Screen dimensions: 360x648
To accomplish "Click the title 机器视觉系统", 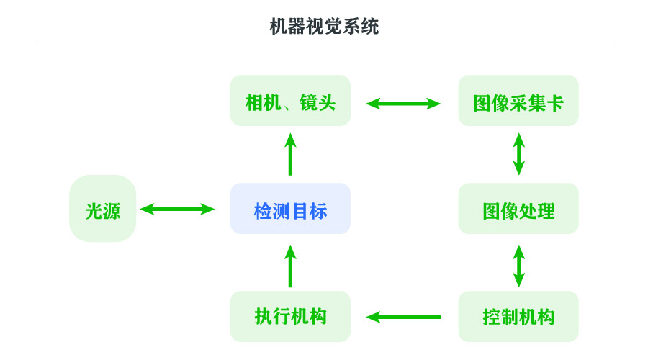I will coord(324,27).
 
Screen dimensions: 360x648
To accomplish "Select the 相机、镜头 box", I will coord(290,101).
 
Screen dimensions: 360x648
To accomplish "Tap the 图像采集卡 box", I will coord(518,101).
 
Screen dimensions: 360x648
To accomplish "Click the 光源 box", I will coord(103,209).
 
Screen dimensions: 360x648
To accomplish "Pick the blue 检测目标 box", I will coord(290,209).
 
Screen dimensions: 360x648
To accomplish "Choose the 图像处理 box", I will coord(518,209).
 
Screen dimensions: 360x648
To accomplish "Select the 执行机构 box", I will coord(290,316).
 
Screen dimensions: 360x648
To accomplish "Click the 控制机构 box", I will coord(518,316).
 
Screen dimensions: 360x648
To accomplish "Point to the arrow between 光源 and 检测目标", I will coord(177,210).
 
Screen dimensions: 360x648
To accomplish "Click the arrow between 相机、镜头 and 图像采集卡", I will coord(403,104).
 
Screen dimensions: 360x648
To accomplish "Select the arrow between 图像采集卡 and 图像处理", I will coord(518,154).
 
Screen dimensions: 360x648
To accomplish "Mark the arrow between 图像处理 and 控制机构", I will coord(518,266).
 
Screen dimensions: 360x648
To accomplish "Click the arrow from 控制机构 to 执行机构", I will coord(403,317).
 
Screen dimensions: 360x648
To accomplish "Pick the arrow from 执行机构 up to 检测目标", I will coord(290,266).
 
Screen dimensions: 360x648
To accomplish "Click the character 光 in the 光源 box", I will coord(94,211).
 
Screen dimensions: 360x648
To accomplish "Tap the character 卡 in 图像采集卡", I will coord(554,103).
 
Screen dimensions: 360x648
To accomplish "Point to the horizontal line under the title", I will coord(324,45).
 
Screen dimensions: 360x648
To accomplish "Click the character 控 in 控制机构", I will coord(491,317).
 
